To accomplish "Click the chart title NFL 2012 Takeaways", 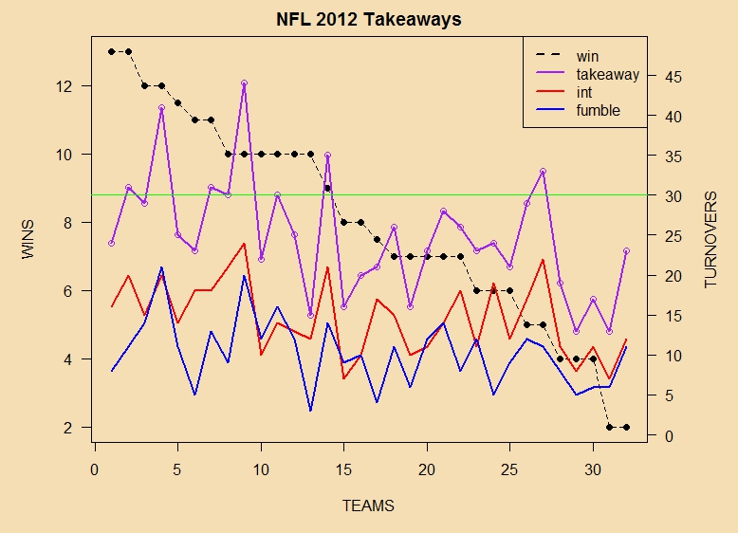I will (x=369, y=19).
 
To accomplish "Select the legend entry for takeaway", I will (x=607, y=74).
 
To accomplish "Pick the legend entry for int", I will (x=584, y=92).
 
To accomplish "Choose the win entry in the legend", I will (x=587, y=56).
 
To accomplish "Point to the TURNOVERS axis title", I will (x=710, y=240).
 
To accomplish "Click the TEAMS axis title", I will (x=368, y=505).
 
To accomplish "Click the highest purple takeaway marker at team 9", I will (x=244, y=83).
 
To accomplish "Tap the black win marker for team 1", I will (x=111, y=51).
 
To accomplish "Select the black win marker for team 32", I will (x=626, y=428).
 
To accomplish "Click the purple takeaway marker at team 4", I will (x=161, y=108).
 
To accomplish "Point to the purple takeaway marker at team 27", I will (x=543, y=172).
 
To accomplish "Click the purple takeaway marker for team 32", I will (x=626, y=251).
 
